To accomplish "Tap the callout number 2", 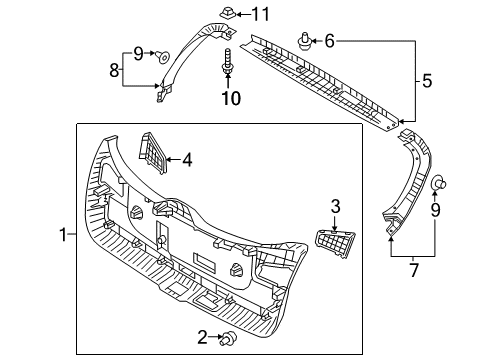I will (x=204, y=338).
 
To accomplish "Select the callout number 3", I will (x=336, y=205).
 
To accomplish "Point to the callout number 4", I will (x=186, y=157).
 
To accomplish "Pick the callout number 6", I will (x=329, y=41).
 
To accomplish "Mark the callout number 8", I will (x=114, y=70).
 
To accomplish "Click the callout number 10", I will (x=231, y=98).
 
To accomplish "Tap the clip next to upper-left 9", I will (x=163, y=57).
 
